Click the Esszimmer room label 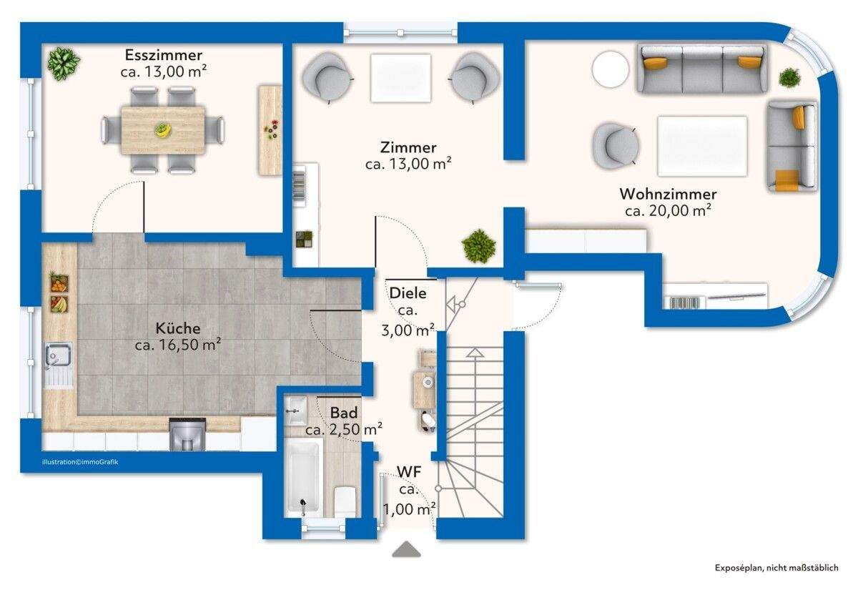click(164, 55)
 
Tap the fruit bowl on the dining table click(163, 129)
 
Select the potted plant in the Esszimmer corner click(63, 64)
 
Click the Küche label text click(178, 328)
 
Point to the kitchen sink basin click(58, 355)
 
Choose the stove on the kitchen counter click(187, 433)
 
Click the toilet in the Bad click(345, 501)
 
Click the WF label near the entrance click(409, 472)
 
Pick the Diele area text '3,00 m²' click(408, 330)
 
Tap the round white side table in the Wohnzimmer click(610, 69)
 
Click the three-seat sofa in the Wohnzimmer click(702, 69)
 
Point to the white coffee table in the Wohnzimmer click(702, 146)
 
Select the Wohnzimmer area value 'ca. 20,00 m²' click(668, 210)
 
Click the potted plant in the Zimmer click(479, 246)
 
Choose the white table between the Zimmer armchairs click(400, 78)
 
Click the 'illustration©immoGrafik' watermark click(80, 462)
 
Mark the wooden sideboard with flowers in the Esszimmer click(270, 130)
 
